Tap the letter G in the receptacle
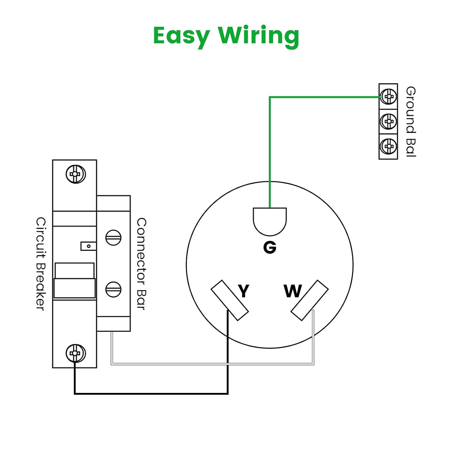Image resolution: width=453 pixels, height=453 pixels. coord(270,248)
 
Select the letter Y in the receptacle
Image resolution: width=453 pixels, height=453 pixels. coord(243,291)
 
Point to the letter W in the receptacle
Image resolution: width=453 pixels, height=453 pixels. coord(293,291)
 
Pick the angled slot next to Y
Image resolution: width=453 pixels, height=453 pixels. coord(230,300)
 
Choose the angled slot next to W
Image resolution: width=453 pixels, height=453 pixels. coord(310,300)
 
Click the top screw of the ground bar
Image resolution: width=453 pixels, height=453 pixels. coord(388,97)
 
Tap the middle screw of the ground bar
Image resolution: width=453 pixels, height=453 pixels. coord(388,122)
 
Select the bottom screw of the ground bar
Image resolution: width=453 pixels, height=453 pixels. coord(388,146)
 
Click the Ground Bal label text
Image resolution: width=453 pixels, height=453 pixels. coord(411,121)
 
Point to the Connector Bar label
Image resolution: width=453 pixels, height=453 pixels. coord(141,264)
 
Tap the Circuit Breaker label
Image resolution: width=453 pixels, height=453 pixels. coord(40,264)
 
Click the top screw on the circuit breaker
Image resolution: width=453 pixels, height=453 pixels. coord(75,174)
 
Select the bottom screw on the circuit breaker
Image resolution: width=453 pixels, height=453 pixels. coord(75,353)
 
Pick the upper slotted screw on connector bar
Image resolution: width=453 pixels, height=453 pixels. coord(113,238)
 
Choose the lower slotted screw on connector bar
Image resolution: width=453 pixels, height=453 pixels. coord(113,289)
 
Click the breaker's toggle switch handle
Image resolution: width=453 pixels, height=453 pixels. coord(74,281)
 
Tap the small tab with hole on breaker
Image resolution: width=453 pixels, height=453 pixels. coord(88,246)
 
